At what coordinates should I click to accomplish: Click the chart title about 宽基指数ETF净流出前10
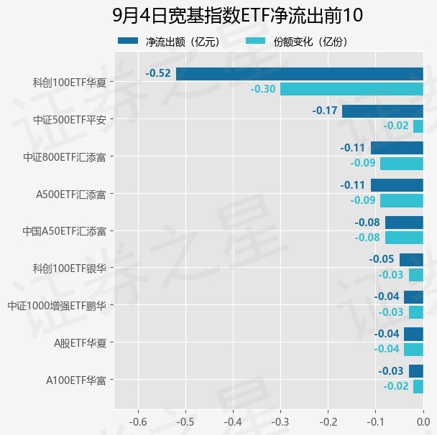coord(237,15)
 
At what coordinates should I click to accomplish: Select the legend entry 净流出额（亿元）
coord(170,42)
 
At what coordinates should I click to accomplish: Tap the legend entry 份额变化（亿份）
coord(297,42)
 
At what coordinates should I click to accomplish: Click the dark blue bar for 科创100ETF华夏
coord(300,74)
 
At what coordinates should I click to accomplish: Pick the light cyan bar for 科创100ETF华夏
coord(351,89)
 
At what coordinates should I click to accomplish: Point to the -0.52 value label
coord(158,73)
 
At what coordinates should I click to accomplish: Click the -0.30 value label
coord(263,89)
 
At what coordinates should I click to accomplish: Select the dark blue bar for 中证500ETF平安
coord(382,111)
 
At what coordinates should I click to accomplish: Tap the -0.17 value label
coord(325,111)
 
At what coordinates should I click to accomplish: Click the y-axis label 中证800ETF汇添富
coord(65,157)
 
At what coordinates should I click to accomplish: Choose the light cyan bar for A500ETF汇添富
coord(402,201)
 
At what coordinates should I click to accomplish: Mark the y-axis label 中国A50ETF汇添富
coord(65,231)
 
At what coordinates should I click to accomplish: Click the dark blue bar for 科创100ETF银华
coord(411,260)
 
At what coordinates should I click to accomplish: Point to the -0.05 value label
coord(382,259)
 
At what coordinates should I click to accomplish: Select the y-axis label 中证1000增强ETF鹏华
coord(57,306)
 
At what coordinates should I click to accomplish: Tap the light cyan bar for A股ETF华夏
coord(413,350)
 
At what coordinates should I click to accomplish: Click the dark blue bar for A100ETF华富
coord(416,371)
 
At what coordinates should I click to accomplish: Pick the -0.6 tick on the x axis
coord(138,422)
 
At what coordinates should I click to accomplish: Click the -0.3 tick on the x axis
coord(280,422)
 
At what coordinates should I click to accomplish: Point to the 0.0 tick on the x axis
coord(423,422)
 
